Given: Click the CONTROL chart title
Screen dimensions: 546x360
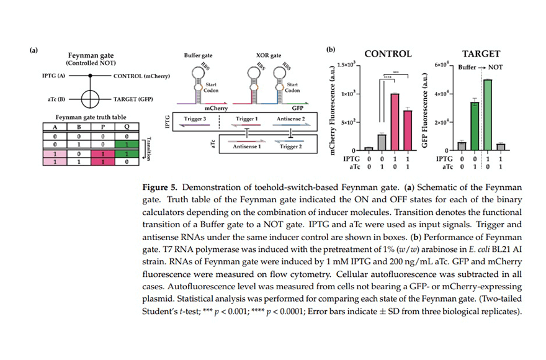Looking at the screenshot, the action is coord(388,54).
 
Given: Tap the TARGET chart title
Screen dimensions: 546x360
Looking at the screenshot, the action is coord(481,54).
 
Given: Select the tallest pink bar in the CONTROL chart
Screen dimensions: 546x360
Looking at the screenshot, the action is coord(395,122).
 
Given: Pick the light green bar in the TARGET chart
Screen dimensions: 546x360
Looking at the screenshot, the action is coord(488,115).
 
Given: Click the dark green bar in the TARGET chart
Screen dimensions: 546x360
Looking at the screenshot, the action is coord(475,126).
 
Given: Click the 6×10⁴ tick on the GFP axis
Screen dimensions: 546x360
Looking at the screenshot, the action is coord(442,65).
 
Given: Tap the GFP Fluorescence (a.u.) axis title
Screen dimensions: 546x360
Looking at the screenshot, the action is coord(424,110).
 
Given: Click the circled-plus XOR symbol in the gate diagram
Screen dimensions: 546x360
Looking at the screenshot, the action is coord(90,99).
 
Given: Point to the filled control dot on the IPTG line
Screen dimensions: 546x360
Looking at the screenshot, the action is coord(90,76).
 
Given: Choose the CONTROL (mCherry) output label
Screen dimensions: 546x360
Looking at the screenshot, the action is coord(141,76).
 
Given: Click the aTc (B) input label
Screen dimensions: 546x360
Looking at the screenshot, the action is coord(56,99).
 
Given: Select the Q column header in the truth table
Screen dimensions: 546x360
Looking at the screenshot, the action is coord(127,127).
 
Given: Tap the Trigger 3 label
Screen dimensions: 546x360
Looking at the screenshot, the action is coord(195,119).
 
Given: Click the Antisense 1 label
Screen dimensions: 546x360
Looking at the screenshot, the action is coord(247,146).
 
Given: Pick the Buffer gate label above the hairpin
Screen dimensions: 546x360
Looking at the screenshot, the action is coord(198,55).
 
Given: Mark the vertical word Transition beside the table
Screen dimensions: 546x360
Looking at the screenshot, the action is coord(149,149).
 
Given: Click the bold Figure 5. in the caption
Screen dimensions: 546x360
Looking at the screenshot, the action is coord(160,187).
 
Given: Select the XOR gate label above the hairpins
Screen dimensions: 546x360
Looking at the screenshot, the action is coord(269,55).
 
